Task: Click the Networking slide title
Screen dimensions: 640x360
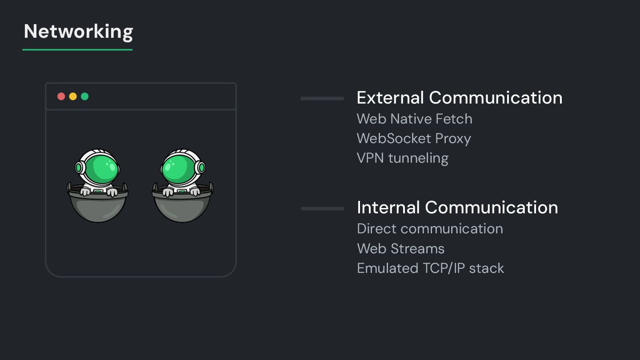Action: pyautogui.click(x=78, y=32)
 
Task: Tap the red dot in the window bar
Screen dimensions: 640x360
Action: pyautogui.click(x=61, y=96)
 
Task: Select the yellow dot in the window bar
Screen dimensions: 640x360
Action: pyautogui.click(x=73, y=96)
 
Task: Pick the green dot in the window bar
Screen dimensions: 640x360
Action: pyautogui.click(x=85, y=96)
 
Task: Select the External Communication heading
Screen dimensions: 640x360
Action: pyautogui.click(x=459, y=98)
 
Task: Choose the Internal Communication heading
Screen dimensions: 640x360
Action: pyautogui.click(x=457, y=208)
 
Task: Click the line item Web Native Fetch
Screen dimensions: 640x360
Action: pyautogui.click(x=414, y=119)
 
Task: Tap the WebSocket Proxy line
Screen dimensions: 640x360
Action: pyautogui.click(x=413, y=139)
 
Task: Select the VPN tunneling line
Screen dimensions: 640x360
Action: pyautogui.click(x=402, y=158)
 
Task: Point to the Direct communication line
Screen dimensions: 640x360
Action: pyautogui.click(x=430, y=228)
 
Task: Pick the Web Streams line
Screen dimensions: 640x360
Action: pyautogui.click(x=400, y=248)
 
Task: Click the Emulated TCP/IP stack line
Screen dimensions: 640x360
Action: pyautogui.click(x=430, y=268)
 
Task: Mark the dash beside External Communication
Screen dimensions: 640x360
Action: pyautogui.click(x=322, y=98)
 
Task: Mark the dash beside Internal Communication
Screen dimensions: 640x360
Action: pyautogui.click(x=322, y=208)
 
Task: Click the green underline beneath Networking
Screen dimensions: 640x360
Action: pyautogui.click(x=77, y=49)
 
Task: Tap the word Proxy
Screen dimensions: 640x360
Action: pyautogui.click(x=453, y=139)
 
